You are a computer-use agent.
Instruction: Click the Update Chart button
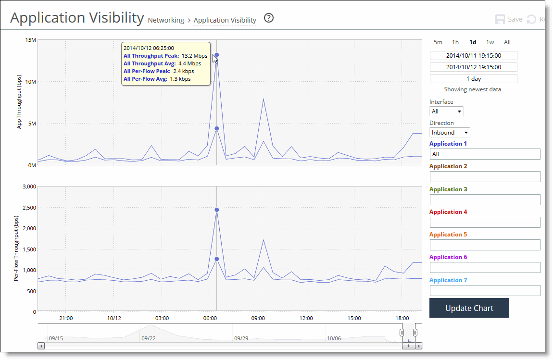(469, 308)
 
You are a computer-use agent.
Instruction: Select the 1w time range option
(490, 42)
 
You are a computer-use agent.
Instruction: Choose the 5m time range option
(438, 42)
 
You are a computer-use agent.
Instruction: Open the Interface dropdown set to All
(446, 112)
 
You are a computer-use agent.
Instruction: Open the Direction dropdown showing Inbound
(450, 133)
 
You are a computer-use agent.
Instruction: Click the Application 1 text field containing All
(485, 154)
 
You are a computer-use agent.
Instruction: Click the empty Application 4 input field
(485, 222)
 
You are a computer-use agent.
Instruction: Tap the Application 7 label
(448, 280)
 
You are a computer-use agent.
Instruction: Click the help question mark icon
(269, 18)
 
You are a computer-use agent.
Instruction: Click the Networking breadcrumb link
(166, 20)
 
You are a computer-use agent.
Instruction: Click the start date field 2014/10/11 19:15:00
(473, 56)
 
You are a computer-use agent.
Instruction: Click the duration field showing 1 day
(473, 79)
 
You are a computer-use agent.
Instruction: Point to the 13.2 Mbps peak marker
(217, 55)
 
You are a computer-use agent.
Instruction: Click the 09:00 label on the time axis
(258, 318)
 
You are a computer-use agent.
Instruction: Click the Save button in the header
(509, 20)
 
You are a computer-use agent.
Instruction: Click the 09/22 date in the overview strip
(148, 338)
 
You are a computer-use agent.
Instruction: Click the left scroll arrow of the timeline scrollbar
(41, 346)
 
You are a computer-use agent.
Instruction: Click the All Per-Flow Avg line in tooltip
(157, 79)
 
